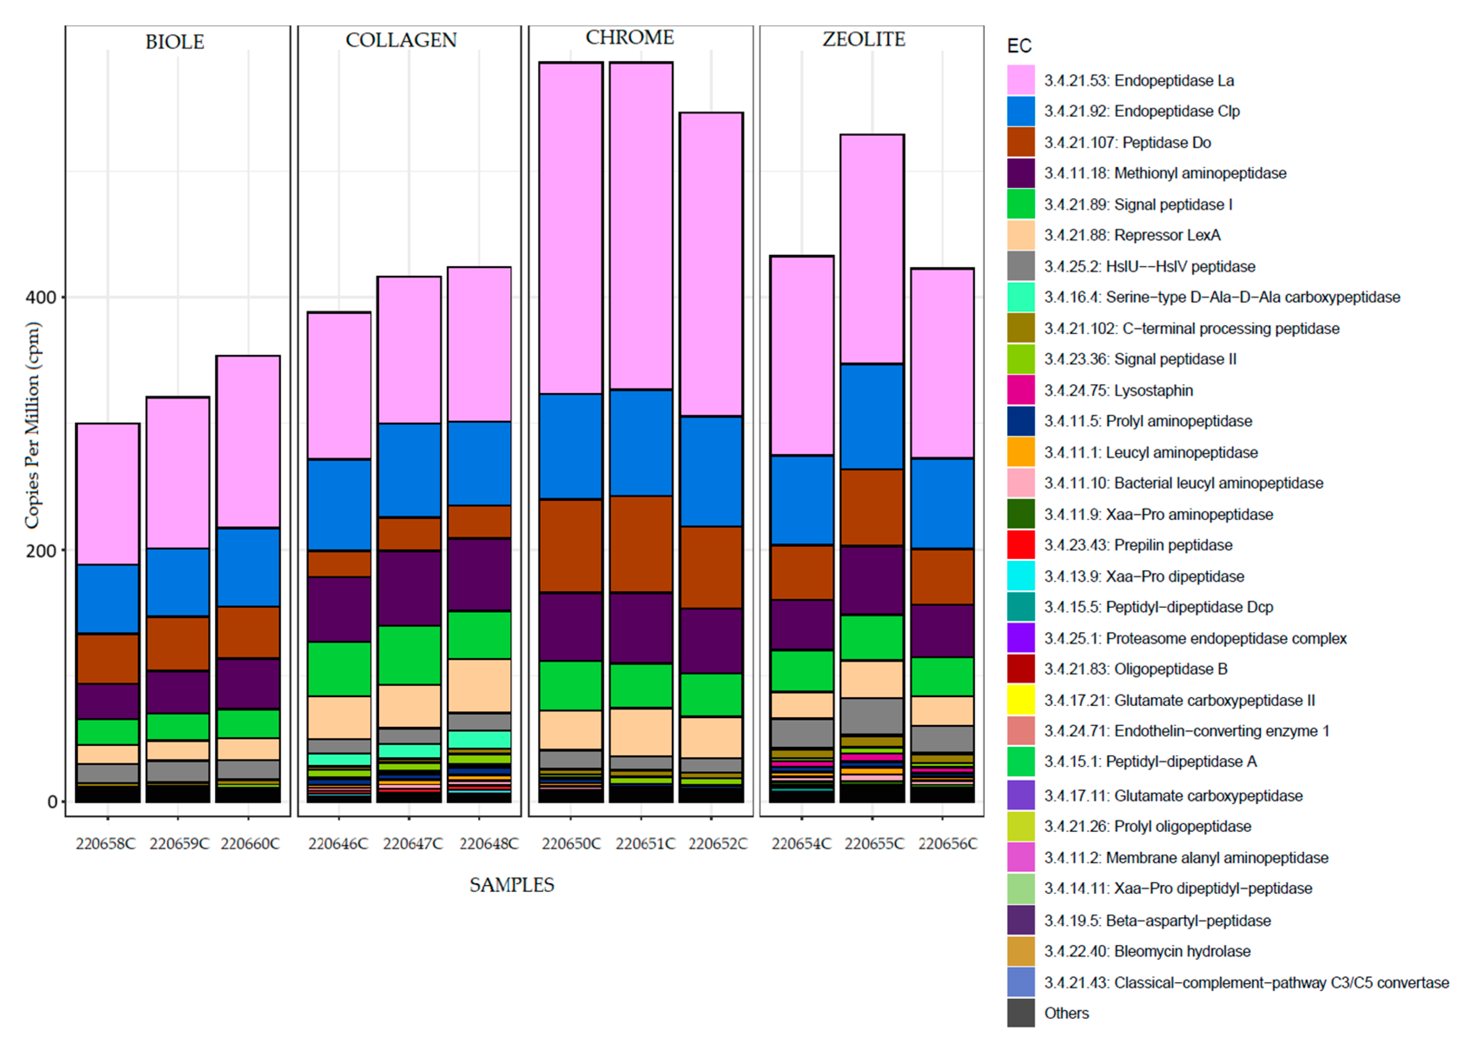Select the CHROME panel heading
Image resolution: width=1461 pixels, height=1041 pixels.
tap(629, 37)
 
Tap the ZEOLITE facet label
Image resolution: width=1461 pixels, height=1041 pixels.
tap(864, 39)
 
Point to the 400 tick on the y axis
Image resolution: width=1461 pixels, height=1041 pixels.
tap(40, 298)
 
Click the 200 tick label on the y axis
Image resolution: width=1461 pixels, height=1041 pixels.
tap(40, 550)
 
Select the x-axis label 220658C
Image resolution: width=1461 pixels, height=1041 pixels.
tap(106, 844)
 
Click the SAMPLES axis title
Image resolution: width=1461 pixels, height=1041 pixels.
tap(511, 885)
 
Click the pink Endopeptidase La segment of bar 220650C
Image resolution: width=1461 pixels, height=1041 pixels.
tap(570, 228)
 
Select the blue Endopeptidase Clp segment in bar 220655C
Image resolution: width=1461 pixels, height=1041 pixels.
tap(872, 416)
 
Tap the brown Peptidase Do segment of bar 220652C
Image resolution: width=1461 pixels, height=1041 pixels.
tap(711, 567)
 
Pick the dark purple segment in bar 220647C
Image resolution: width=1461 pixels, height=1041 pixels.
tap(409, 588)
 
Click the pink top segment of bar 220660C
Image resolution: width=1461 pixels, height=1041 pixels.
tap(248, 442)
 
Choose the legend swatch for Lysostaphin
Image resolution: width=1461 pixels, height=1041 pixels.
tap(1020, 390)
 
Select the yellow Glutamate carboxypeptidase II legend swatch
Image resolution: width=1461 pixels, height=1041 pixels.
tap(1020, 700)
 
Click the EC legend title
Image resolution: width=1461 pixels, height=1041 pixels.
tap(1019, 46)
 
